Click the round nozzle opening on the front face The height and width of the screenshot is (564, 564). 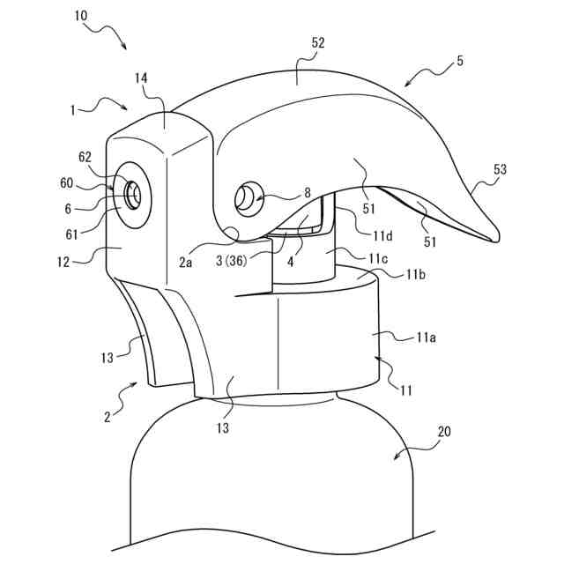coord(132,193)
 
